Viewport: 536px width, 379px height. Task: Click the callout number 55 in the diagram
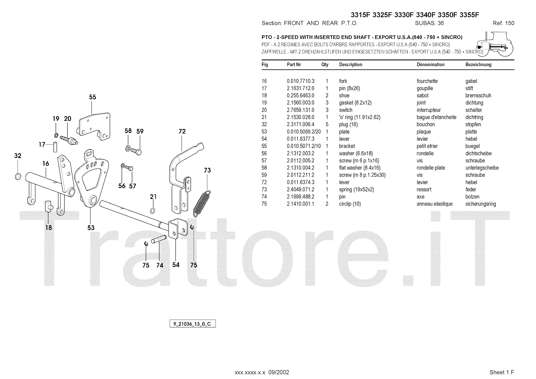92,97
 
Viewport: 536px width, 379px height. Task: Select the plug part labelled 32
18,176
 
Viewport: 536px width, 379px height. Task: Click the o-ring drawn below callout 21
153,210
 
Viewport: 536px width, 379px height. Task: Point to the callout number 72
182,131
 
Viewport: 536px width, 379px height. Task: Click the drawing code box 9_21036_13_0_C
192,324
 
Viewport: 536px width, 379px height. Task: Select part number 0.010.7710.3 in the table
300,81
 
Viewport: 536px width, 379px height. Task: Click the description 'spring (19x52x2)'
356,190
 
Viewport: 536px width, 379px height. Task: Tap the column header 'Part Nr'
294,65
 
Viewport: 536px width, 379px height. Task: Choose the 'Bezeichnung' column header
478,65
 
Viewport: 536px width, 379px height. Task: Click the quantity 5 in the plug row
327,125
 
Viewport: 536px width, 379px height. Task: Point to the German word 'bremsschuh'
478,96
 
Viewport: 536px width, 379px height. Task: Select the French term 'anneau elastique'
434,204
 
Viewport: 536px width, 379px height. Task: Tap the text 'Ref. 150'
503,23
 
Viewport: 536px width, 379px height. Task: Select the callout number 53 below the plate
91,228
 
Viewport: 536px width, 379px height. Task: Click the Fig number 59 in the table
264,175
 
